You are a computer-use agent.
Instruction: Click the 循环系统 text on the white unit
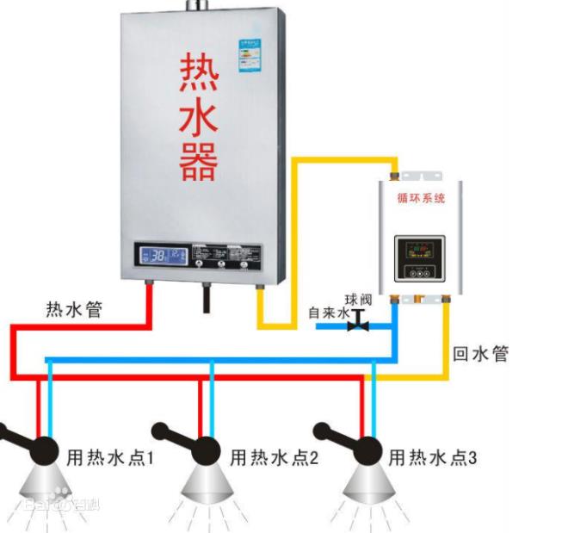point(421,198)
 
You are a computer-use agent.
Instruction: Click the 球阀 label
point(359,300)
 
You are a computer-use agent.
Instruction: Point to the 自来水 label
point(328,313)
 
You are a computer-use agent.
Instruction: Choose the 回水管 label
point(481,353)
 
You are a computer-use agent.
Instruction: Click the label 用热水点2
point(274,458)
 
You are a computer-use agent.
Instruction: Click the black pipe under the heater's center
point(207,299)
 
